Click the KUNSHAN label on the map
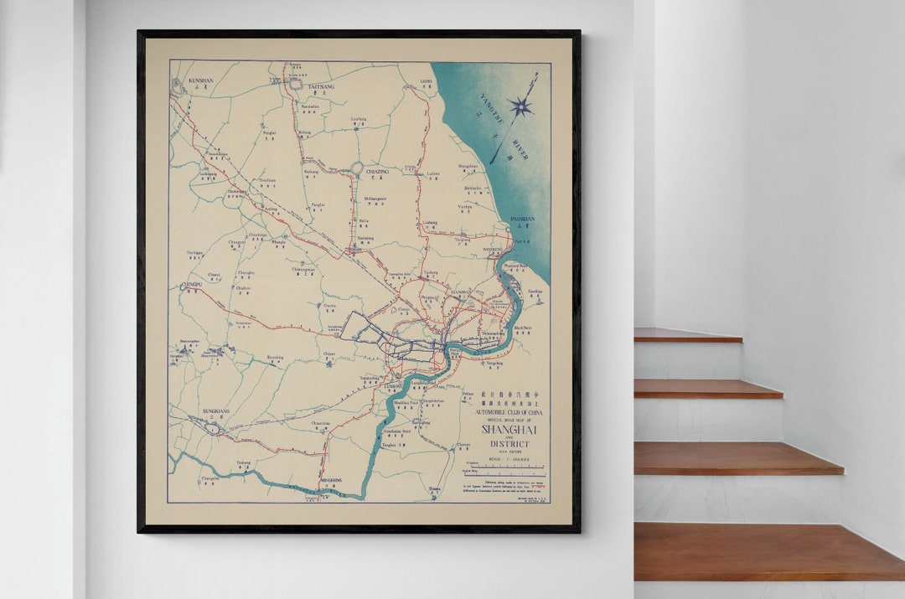pos(200,80)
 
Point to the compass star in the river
pos(520,106)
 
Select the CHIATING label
pos(377,172)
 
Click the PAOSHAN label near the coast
pos(522,219)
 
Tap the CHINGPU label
pos(192,285)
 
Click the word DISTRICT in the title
pos(509,444)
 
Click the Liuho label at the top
pos(426,82)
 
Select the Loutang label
pos(359,119)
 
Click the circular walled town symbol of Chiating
pos(357,168)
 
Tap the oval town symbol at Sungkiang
pos(213,428)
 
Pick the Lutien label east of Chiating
pos(432,173)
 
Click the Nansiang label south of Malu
pos(366,238)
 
